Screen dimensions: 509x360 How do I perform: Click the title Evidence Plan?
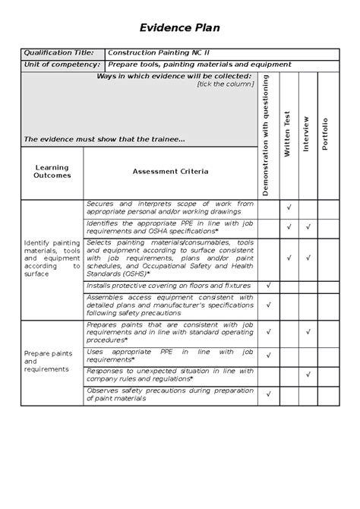click(x=179, y=28)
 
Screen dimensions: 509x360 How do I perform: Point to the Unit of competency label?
click(x=62, y=65)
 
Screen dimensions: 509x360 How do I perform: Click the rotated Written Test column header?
click(x=287, y=134)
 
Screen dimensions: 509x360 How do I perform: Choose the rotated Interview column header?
click(x=307, y=134)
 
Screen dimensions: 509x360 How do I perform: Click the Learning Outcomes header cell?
click(x=52, y=172)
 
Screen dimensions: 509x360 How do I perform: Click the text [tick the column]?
click(x=225, y=84)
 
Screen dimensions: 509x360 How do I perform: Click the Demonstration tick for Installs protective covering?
click(x=269, y=285)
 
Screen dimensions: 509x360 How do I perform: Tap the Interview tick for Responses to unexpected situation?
click(x=308, y=374)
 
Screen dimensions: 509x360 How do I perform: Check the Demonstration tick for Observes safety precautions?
click(x=269, y=394)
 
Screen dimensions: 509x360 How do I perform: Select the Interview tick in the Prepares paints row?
click(x=308, y=331)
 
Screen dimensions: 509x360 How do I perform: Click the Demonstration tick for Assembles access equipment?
click(x=269, y=305)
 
